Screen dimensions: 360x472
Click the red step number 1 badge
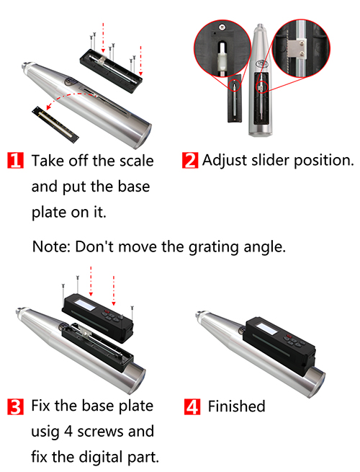(x=15, y=161)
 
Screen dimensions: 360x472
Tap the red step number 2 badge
(x=190, y=161)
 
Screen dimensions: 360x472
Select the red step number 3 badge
(x=15, y=406)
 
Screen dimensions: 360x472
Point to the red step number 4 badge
(x=192, y=406)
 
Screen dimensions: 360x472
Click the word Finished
(x=237, y=406)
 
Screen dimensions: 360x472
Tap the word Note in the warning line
(x=51, y=246)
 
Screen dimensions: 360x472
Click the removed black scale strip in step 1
(x=55, y=124)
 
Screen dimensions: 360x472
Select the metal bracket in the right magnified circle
(x=297, y=48)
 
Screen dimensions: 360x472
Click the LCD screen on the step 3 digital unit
(x=85, y=305)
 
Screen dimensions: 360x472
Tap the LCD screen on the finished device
(x=267, y=328)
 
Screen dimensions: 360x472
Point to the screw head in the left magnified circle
(x=222, y=27)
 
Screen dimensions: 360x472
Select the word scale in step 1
(x=137, y=161)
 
